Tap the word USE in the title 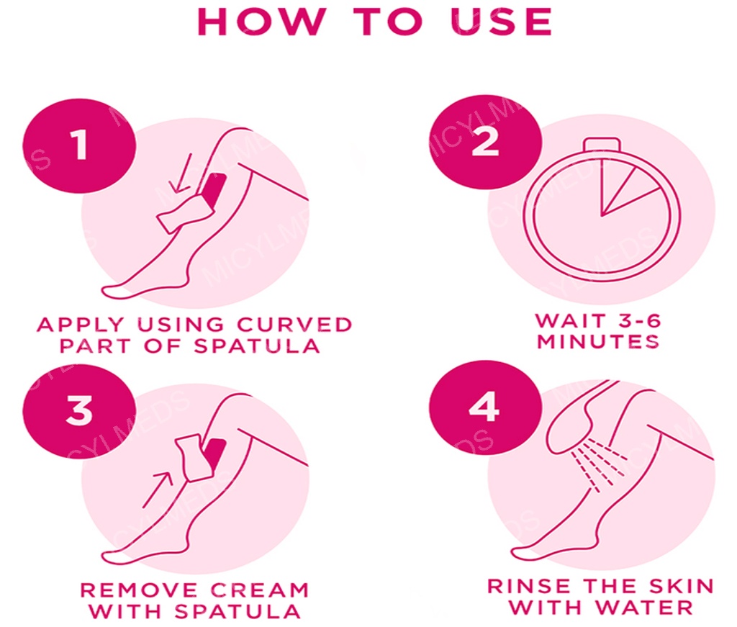point(501,22)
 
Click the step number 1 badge point(79,145)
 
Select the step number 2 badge point(485,142)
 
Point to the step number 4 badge point(485,407)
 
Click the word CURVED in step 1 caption point(294,325)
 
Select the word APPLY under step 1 point(81,325)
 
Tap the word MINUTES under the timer point(599,341)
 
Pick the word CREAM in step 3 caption point(259,590)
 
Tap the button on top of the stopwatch point(602,145)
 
